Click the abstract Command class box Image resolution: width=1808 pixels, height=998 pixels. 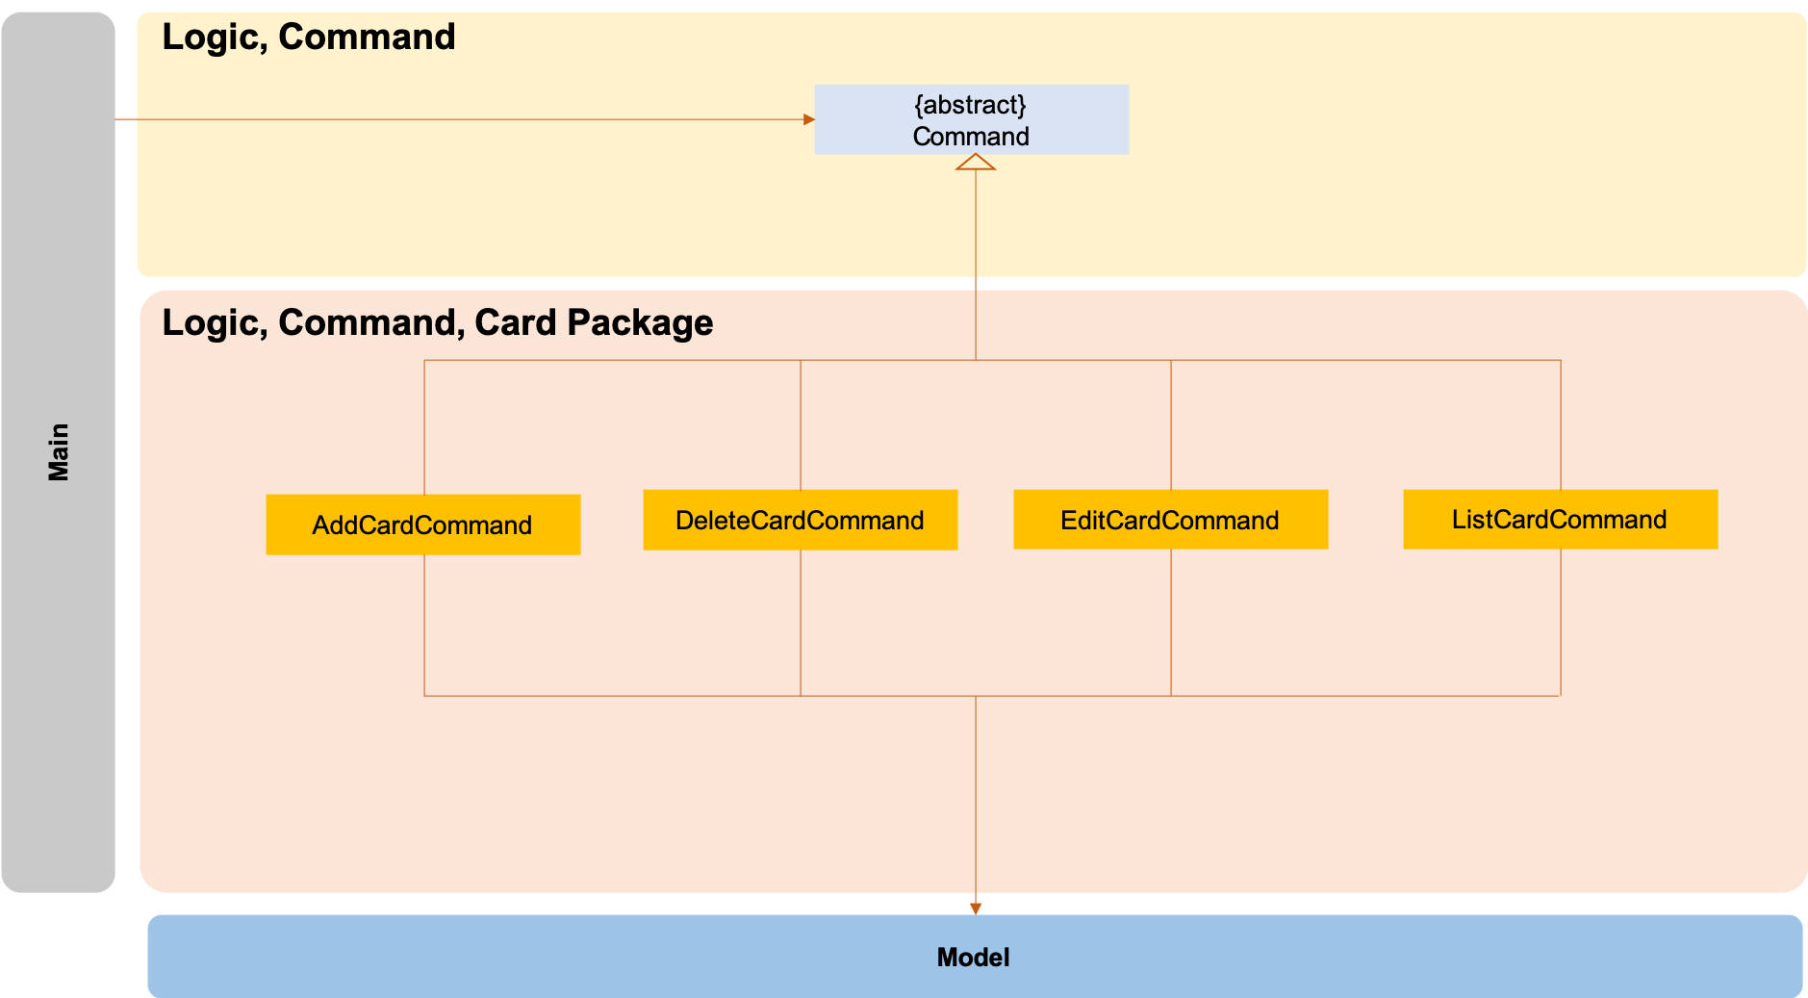click(x=971, y=119)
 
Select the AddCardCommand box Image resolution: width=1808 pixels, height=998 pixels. click(x=422, y=525)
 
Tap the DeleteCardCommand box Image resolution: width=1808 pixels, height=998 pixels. click(x=800, y=520)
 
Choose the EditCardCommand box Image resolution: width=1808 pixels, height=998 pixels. click(x=1170, y=520)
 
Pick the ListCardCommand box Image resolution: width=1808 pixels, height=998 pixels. click(x=1560, y=520)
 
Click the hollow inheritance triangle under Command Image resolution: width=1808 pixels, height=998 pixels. click(x=976, y=163)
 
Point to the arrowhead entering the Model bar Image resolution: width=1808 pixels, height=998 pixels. click(x=976, y=908)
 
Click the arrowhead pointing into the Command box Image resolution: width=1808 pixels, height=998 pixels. click(x=809, y=119)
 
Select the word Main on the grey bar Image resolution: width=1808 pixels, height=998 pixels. click(x=59, y=451)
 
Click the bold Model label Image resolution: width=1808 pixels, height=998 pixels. click(x=973, y=958)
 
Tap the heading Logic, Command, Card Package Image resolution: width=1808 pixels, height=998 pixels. click(x=437, y=322)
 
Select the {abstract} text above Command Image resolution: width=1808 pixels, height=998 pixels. click(x=970, y=104)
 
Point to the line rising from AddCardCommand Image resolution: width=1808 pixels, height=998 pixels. click(x=424, y=428)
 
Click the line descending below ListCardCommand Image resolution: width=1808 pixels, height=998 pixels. click(x=1561, y=621)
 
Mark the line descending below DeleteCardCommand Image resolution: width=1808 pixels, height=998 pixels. click(x=801, y=621)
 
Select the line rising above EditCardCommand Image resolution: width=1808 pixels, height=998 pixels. click(x=1171, y=423)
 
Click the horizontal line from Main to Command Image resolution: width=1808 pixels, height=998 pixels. click(x=462, y=119)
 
